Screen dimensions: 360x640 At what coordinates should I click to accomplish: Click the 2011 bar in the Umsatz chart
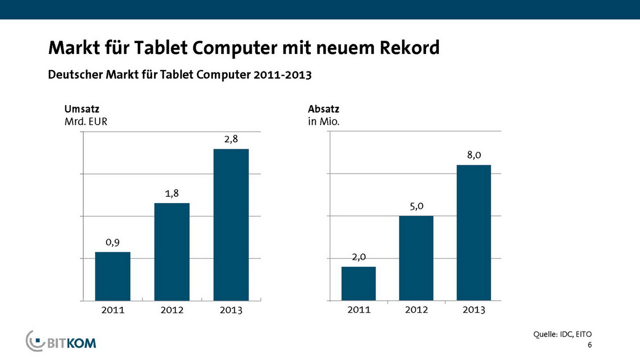(x=113, y=276)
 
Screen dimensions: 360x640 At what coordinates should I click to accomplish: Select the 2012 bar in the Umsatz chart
(x=172, y=251)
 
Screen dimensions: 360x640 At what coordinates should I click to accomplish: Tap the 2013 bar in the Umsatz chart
(x=231, y=224)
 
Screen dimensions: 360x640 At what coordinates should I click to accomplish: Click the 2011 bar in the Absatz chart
(x=358, y=283)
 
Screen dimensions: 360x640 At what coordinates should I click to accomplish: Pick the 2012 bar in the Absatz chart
(x=416, y=258)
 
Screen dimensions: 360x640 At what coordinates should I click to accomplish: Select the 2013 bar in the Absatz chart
(x=474, y=232)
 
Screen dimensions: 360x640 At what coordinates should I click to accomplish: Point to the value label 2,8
(x=231, y=139)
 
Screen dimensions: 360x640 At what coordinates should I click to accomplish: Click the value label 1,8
(x=172, y=194)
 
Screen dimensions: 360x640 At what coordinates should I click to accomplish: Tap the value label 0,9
(x=113, y=243)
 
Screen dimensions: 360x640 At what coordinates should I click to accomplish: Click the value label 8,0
(x=474, y=155)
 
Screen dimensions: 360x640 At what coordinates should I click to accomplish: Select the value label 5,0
(x=416, y=206)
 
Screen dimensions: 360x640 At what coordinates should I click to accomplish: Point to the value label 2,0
(x=358, y=258)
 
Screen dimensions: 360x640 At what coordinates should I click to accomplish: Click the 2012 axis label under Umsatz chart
(x=172, y=311)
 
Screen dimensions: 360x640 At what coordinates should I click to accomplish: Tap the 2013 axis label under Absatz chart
(x=474, y=311)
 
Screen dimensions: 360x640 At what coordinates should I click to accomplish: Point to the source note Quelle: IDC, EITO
(x=562, y=334)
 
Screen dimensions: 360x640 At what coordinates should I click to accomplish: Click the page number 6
(x=589, y=345)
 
